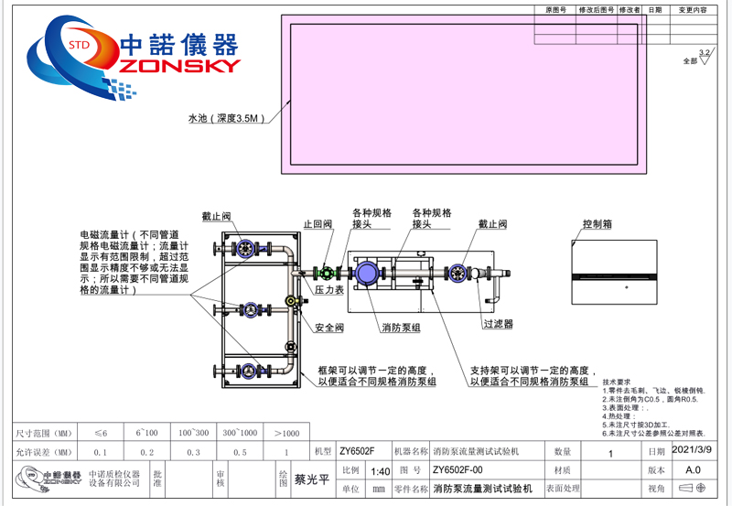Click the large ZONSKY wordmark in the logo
(x=174, y=65)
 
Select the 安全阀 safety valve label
(x=328, y=328)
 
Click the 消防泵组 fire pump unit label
(x=401, y=327)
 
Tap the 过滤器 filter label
(x=498, y=324)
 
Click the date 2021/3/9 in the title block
(x=691, y=450)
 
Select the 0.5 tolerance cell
(x=240, y=452)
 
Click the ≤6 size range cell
(x=101, y=433)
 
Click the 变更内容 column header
(x=692, y=10)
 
